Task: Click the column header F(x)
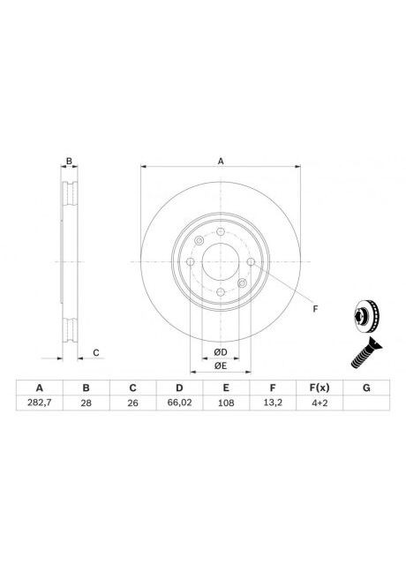tap(320, 388)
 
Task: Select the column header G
tap(366, 388)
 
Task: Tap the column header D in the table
tap(179, 388)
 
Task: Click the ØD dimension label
tap(220, 352)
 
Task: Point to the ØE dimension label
tap(220, 365)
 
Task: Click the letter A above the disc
tap(221, 161)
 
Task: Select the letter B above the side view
tap(68, 161)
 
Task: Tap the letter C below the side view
tap(95, 353)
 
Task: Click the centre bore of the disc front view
tap(220, 262)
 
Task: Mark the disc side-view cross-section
tap(68, 262)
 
